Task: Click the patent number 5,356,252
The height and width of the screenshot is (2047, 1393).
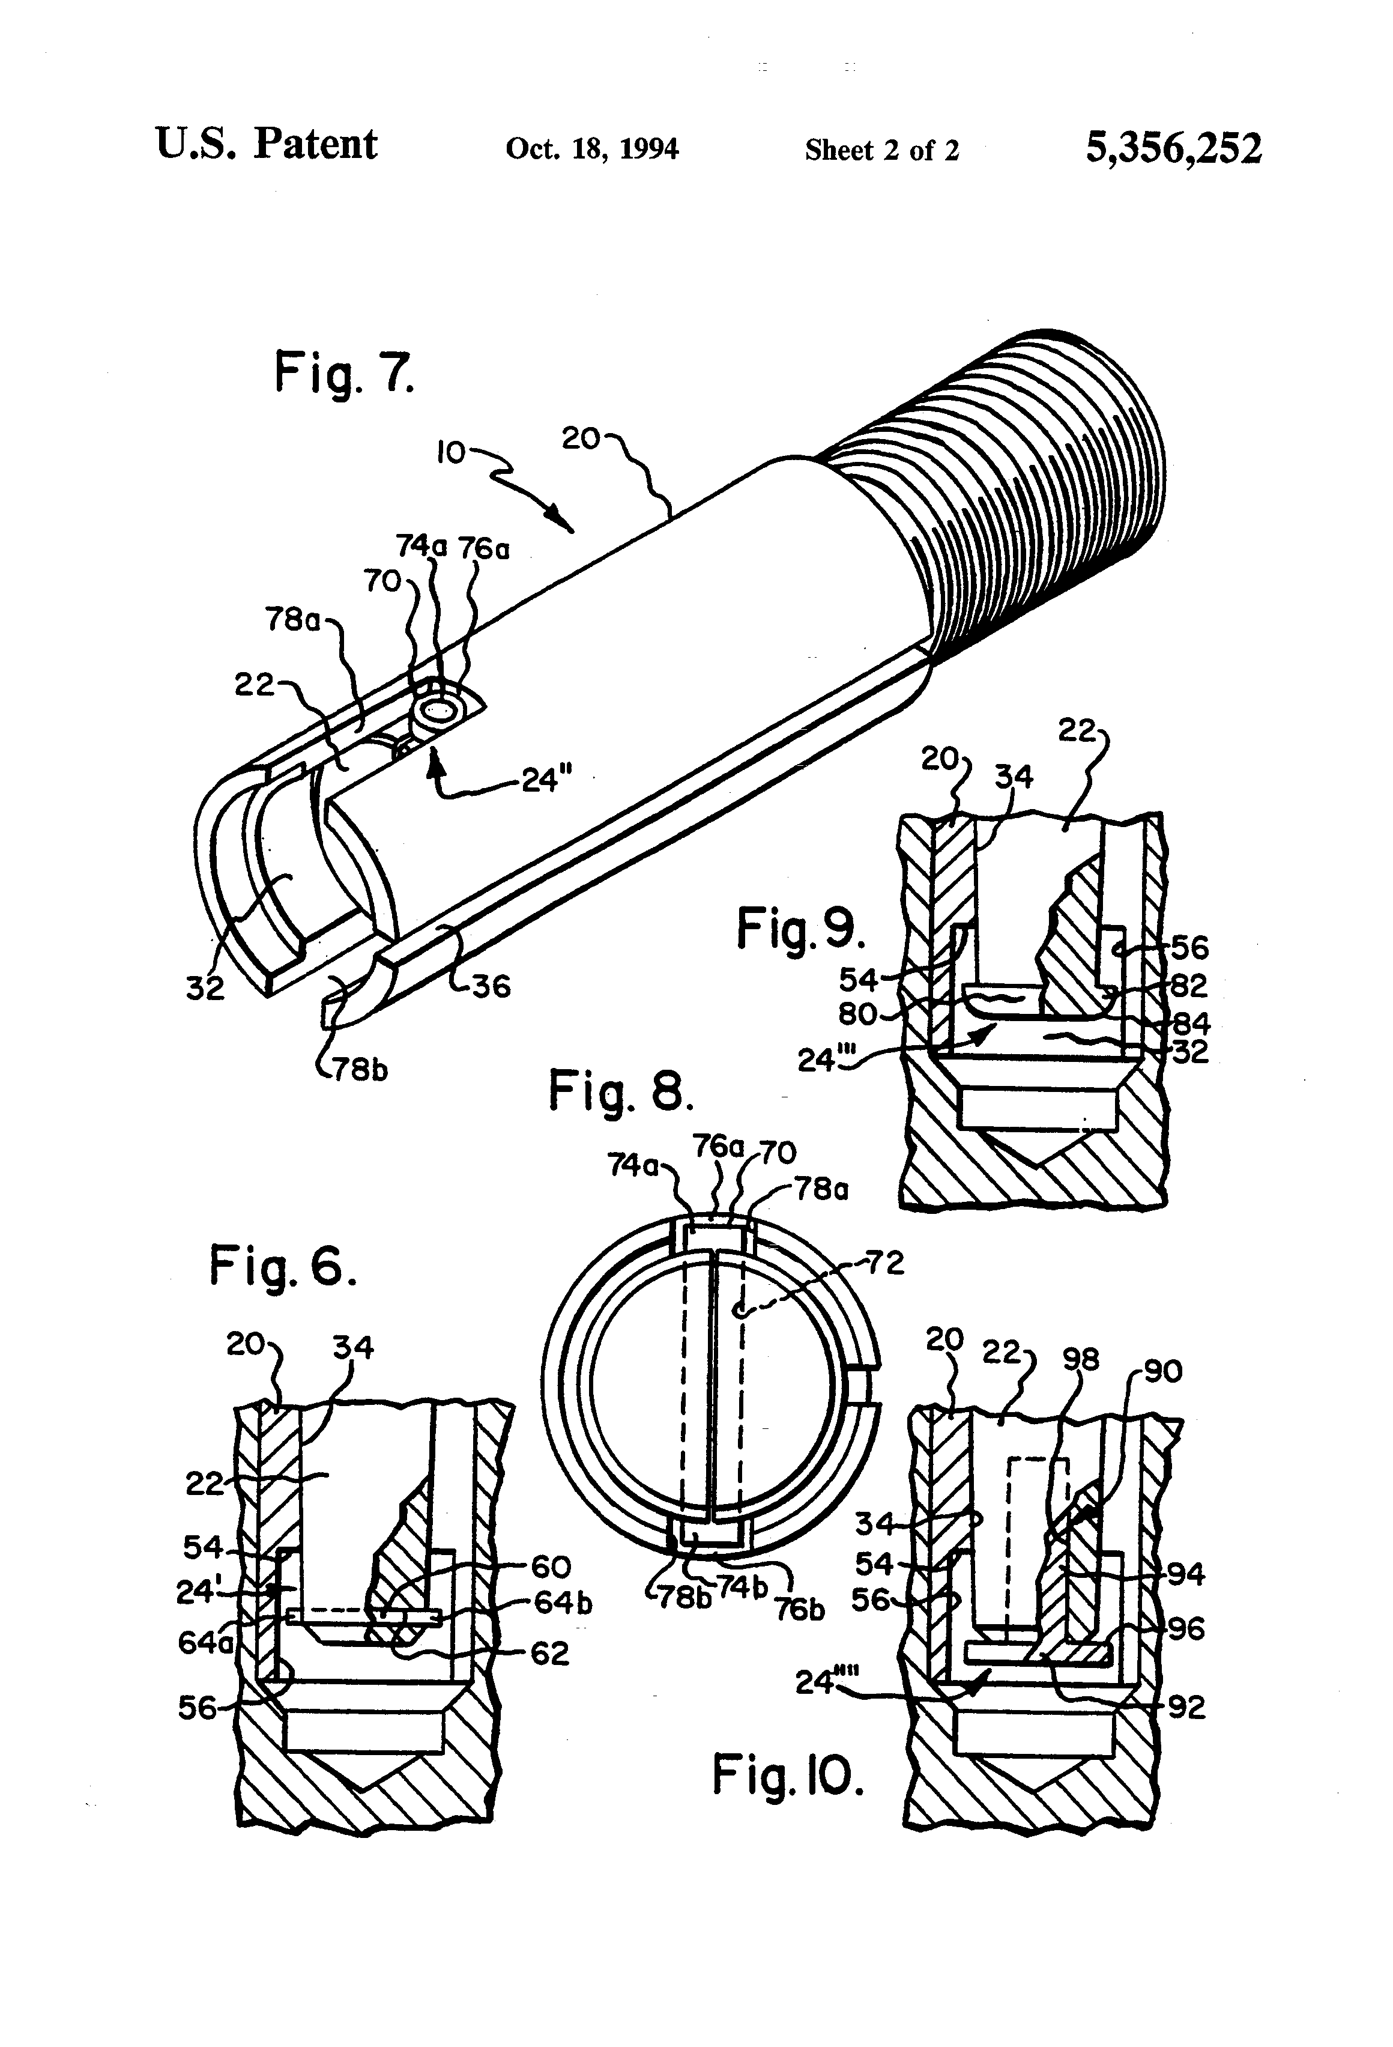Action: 1173,148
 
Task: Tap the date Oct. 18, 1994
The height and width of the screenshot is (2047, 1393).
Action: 591,149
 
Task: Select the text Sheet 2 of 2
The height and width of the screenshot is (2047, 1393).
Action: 881,151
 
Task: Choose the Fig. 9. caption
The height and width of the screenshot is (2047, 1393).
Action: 800,929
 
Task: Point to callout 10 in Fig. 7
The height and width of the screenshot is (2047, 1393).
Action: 451,453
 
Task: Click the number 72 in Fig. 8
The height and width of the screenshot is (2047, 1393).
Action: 886,1263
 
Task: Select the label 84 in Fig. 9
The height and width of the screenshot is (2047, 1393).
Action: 1191,1024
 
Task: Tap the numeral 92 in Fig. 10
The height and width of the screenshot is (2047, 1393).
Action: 1186,1708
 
